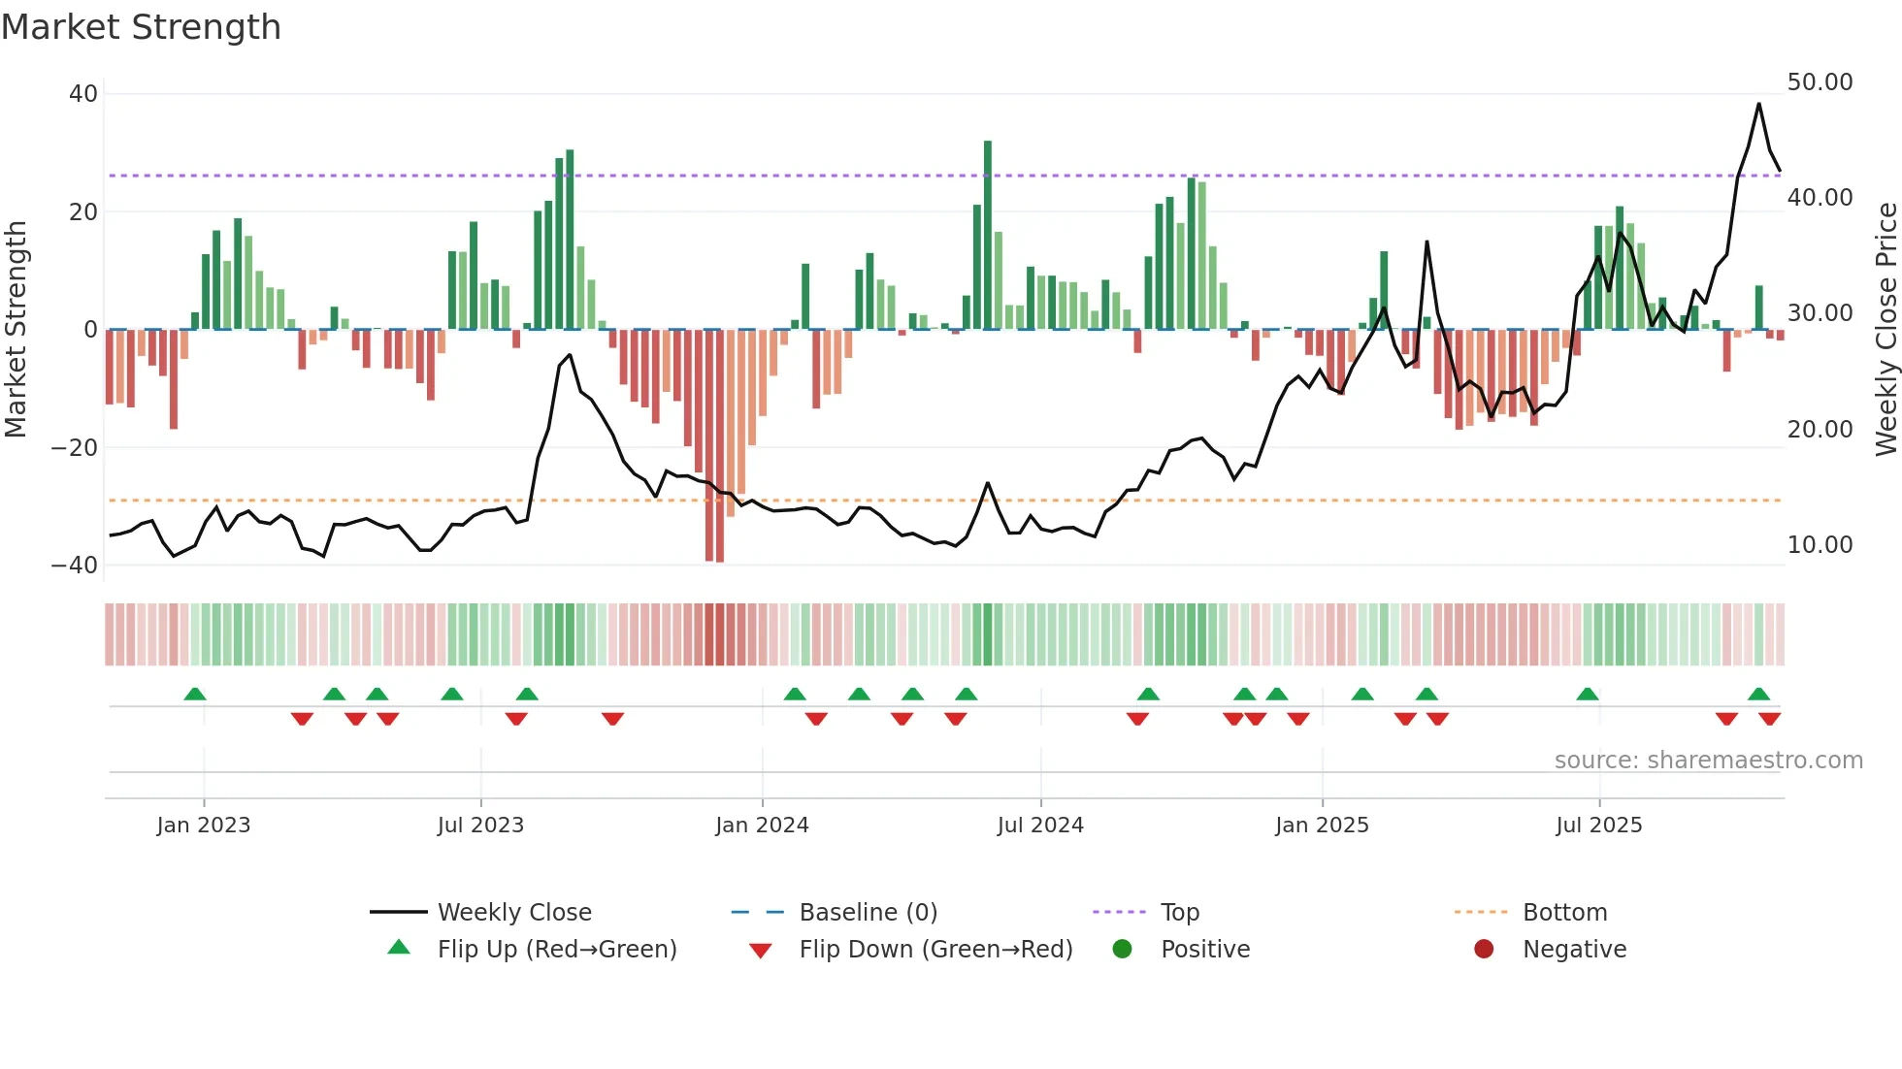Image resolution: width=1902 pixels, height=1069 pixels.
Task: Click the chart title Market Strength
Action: pyautogui.click(x=141, y=27)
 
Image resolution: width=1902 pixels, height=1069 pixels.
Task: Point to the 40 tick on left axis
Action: pyautogui.click(x=83, y=94)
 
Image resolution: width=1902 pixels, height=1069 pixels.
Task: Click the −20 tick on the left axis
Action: pyautogui.click(x=75, y=448)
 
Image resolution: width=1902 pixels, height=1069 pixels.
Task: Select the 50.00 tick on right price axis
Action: pyautogui.click(x=1820, y=82)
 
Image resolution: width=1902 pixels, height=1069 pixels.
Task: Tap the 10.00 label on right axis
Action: pyautogui.click(x=1820, y=545)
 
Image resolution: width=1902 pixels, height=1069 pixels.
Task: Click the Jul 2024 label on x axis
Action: pyautogui.click(x=1039, y=826)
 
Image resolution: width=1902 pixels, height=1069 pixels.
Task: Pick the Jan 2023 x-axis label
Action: pyautogui.click(x=204, y=826)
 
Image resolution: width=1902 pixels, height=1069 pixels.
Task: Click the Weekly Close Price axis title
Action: pyautogui.click(x=1886, y=329)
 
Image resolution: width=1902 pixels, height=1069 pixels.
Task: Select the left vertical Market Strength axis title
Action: pyautogui.click(x=16, y=329)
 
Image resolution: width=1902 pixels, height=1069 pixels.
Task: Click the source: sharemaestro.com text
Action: pyautogui.click(x=1708, y=761)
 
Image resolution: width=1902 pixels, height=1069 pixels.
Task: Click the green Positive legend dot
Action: pyautogui.click(x=1123, y=949)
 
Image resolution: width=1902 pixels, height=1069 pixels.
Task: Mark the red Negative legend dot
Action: pyautogui.click(x=1484, y=949)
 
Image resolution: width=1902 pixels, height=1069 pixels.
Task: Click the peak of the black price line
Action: pyautogui.click(x=1758, y=104)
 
